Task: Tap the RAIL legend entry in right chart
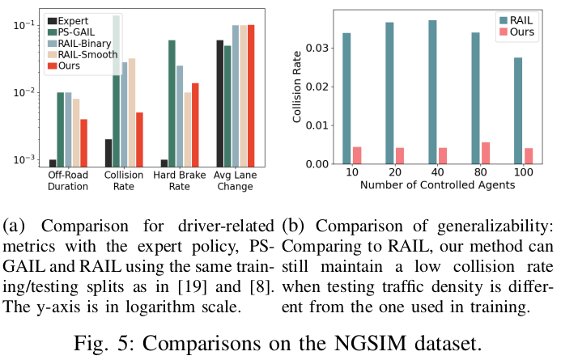click(521, 19)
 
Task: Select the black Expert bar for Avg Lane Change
click(219, 101)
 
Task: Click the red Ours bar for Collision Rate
click(139, 137)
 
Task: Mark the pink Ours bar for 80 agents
click(486, 153)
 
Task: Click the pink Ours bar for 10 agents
click(358, 155)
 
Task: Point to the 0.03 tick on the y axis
click(320, 48)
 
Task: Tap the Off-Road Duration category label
click(66, 181)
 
